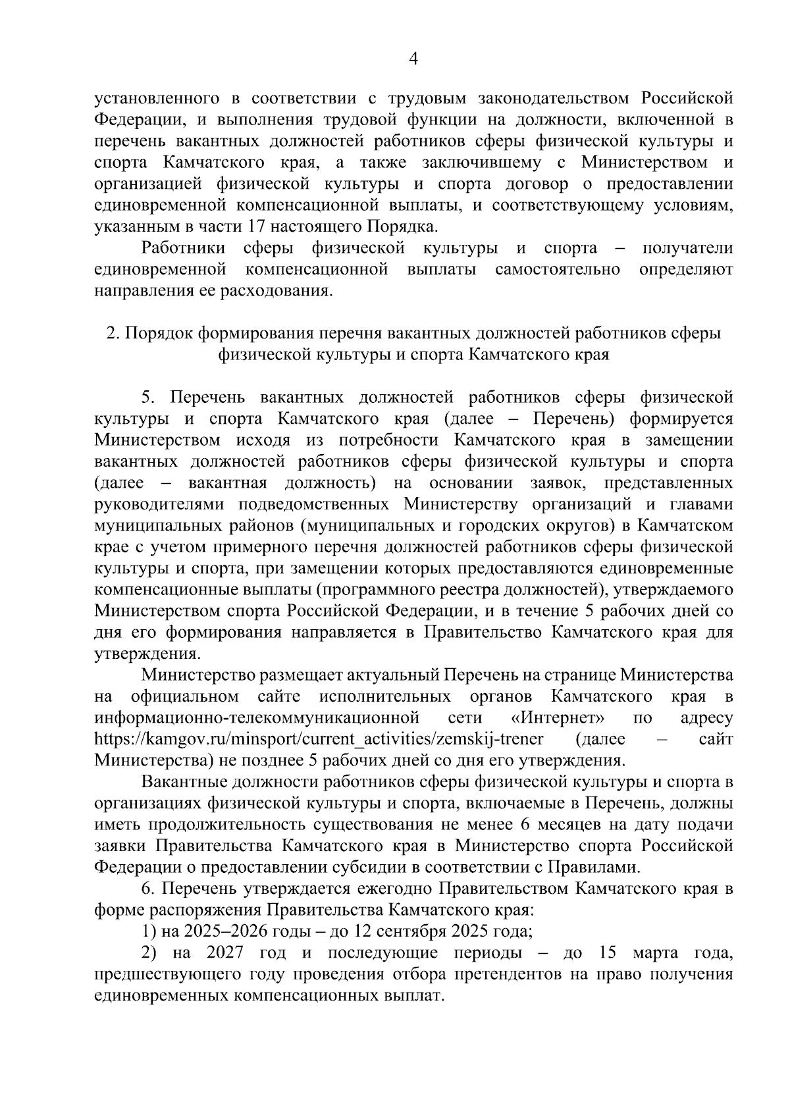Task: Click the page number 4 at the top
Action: tap(413, 59)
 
